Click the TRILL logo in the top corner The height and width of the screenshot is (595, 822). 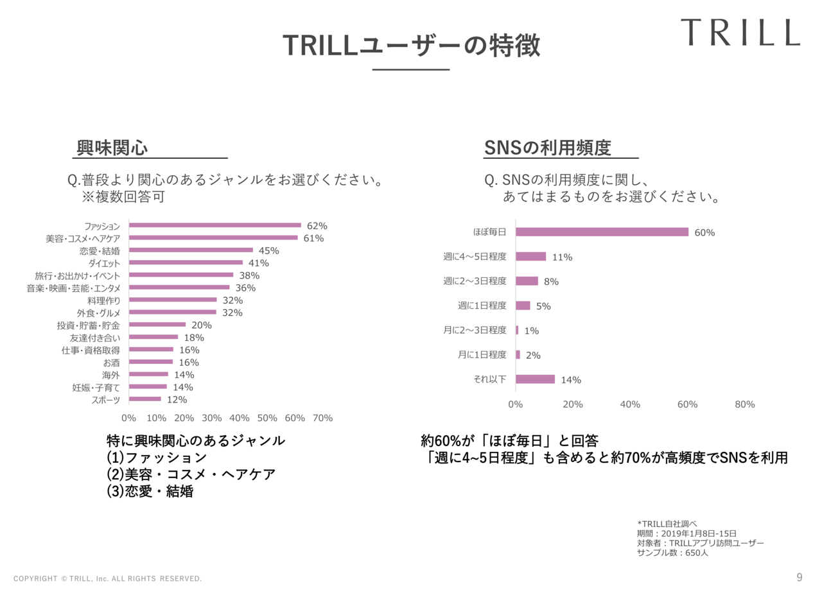[740, 32]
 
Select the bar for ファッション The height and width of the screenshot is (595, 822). [215, 225]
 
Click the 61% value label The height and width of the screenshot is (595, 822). [313, 238]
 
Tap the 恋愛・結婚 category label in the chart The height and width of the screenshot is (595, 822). [104, 250]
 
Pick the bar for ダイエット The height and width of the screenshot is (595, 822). [186, 263]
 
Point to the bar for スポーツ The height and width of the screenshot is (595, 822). [144, 399]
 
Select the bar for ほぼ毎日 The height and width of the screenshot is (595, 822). [602, 232]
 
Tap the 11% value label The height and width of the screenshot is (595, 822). [562, 257]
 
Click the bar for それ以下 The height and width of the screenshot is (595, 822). [535, 379]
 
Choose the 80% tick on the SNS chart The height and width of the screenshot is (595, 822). [744, 404]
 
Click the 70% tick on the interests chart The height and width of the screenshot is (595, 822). [322, 418]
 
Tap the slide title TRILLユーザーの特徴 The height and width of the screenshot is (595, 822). [411, 46]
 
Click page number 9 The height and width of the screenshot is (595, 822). [799, 578]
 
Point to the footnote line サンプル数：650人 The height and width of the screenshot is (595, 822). [672, 553]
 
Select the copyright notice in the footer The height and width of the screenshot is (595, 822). [108, 579]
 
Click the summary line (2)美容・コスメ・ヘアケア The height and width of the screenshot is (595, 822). [191, 475]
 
